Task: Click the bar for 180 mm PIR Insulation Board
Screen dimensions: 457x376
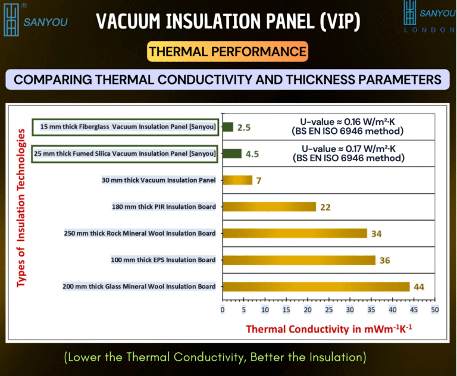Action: (x=270, y=206)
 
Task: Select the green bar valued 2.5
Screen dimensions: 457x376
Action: (x=228, y=127)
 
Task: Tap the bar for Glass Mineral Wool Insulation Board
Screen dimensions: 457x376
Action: (x=316, y=287)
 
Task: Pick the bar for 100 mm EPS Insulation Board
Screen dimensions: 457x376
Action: (x=299, y=260)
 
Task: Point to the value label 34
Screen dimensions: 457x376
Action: (x=376, y=234)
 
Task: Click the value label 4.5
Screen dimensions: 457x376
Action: (x=252, y=154)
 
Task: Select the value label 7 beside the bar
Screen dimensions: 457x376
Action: (x=259, y=181)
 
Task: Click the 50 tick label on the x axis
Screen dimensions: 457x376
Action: (x=435, y=309)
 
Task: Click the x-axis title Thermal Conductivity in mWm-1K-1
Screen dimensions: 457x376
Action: (x=329, y=329)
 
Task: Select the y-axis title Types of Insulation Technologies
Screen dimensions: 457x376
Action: (x=21, y=208)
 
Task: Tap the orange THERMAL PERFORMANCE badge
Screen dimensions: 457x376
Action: (x=228, y=52)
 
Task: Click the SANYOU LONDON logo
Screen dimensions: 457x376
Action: (x=429, y=17)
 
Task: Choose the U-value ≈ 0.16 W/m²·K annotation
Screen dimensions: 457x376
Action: (x=348, y=126)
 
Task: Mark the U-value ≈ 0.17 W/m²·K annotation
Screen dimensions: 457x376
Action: (x=349, y=153)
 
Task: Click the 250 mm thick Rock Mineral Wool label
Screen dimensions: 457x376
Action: (x=140, y=233)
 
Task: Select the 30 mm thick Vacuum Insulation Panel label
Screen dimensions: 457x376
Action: (x=158, y=180)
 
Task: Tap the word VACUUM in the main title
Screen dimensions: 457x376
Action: (x=129, y=21)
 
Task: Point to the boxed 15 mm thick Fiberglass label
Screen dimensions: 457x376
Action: (x=126, y=127)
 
